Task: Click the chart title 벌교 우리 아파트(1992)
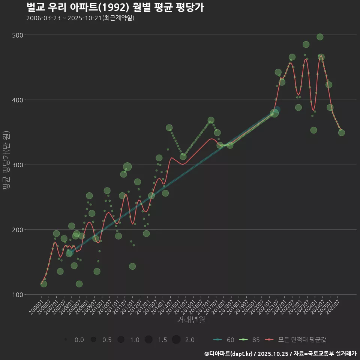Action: (x=115, y=7)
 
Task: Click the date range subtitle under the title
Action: (x=80, y=18)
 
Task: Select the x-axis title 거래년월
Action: (x=191, y=320)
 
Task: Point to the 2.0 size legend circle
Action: (x=176, y=340)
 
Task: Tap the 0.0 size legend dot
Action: (x=66, y=340)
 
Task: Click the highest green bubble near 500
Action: (x=320, y=37)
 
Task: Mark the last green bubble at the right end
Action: (x=341, y=132)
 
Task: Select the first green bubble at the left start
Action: (x=44, y=284)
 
